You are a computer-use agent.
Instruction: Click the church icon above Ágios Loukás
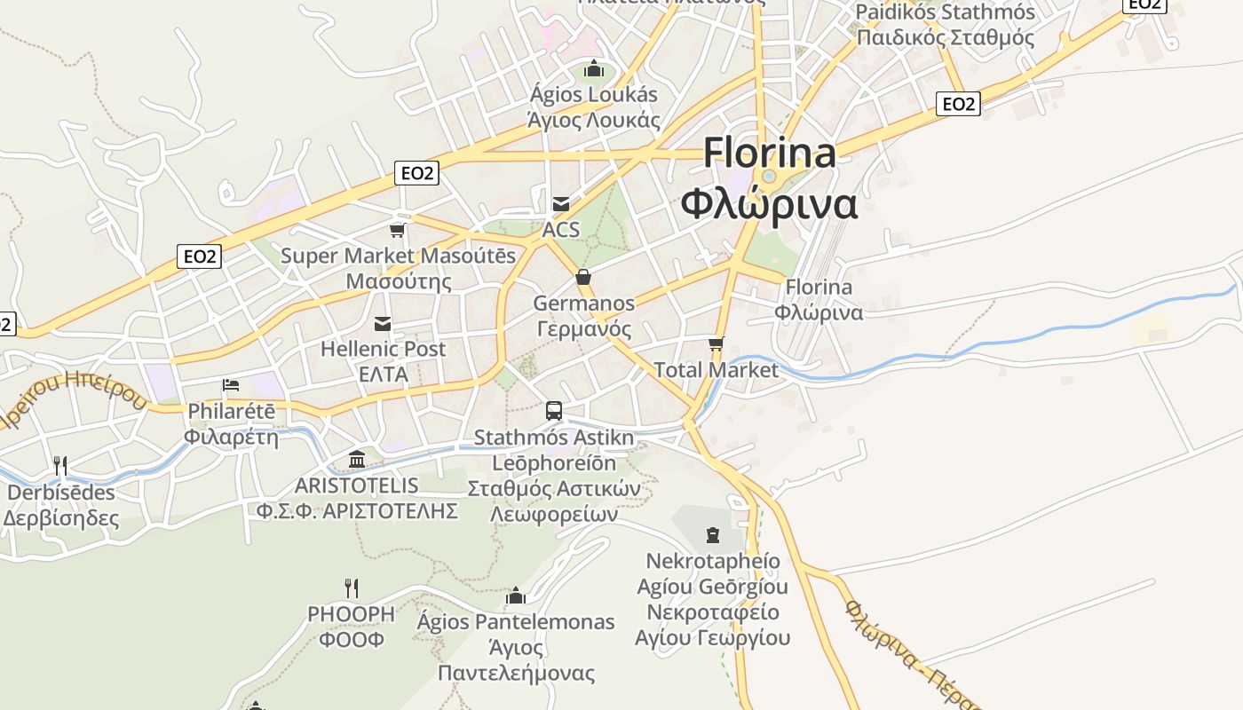593,68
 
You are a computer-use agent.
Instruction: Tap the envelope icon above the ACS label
561,203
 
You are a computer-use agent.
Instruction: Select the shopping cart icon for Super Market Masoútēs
398,230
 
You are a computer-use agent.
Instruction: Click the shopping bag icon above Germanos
583,277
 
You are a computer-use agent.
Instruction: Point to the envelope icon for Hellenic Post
383,323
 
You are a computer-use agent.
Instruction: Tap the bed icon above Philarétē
231,385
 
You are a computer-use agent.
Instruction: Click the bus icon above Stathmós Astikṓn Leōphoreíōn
554,411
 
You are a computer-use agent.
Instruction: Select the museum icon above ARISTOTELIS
357,459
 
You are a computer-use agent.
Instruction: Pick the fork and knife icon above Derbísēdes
60,465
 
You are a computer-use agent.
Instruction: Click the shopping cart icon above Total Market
717,343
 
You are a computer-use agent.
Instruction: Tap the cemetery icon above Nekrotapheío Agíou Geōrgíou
713,534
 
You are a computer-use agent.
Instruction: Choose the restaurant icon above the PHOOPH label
352,588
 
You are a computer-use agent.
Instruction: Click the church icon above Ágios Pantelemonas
515,595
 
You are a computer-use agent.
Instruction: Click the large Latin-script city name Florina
769,153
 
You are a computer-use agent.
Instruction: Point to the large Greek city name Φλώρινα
769,203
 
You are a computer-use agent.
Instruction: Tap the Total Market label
716,370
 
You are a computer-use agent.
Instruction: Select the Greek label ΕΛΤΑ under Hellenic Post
383,375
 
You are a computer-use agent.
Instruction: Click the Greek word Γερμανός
583,329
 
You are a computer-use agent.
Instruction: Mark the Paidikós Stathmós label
945,12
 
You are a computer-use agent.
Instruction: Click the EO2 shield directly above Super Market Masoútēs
416,173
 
